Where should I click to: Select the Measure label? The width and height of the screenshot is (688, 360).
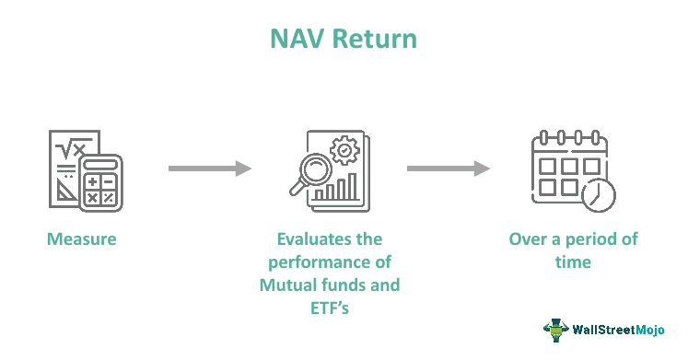click(82, 239)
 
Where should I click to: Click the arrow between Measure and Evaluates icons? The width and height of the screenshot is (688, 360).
click(210, 168)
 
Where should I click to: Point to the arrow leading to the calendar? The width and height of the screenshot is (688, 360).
click(449, 168)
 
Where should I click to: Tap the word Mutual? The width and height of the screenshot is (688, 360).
click(287, 285)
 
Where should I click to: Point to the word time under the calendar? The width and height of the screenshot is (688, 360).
click(573, 262)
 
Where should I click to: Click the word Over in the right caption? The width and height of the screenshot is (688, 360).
click(529, 239)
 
